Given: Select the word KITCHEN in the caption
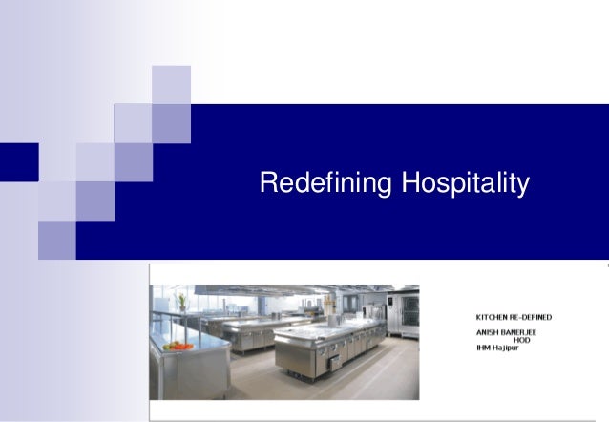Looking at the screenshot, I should (493, 317).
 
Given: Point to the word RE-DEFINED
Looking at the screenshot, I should (532, 317).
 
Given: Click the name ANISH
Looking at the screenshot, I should (488, 332).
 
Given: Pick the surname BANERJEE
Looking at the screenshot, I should (519, 332).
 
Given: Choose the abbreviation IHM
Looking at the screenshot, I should (483, 348).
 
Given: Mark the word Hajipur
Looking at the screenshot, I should (509, 348).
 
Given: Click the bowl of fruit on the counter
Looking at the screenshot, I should (177, 347).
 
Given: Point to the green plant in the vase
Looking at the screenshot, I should (181, 303).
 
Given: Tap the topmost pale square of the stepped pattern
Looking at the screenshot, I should (171, 84).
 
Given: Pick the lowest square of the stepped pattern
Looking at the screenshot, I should (56, 240).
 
